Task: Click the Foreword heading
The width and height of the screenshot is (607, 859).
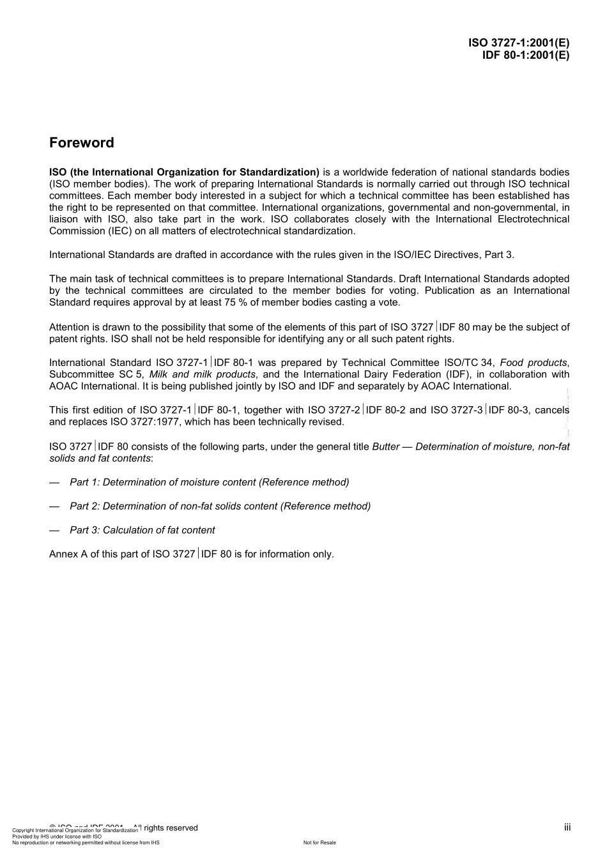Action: point(81,143)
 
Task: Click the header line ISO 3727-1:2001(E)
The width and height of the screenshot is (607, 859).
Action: point(518,43)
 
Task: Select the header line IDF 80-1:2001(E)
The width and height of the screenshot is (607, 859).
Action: point(525,55)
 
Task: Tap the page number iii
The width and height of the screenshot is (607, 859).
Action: point(567,827)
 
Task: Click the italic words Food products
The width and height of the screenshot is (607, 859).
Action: point(533,363)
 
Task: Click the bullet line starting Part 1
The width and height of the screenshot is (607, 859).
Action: point(209,482)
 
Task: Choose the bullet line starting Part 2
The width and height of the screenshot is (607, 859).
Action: point(220,506)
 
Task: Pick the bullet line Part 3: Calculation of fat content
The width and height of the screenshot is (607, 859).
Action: point(142,530)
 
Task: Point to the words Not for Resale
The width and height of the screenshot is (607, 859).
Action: point(319,842)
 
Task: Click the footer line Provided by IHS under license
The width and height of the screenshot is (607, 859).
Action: point(57,836)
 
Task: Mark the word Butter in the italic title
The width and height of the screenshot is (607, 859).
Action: point(386,446)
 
